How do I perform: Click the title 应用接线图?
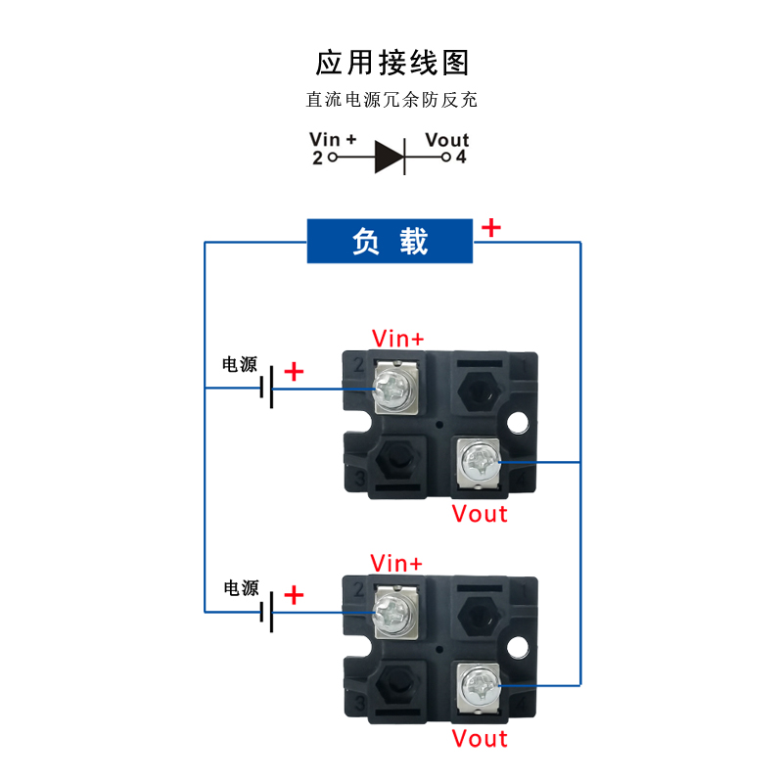[x=392, y=62]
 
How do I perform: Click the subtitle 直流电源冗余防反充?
[x=391, y=100]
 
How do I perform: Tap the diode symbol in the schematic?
[x=390, y=156]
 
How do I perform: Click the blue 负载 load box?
[x=391, y=241]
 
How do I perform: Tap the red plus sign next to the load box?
[x=491, y=228]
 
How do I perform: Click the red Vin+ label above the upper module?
[x=398, y=339]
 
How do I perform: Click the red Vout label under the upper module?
[x=480, y=514]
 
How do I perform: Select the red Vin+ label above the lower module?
[x=396, y=563]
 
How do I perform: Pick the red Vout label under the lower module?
[x=480, y=738]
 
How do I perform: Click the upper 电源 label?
[x=240, y=365]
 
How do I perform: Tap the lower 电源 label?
[x=241, y=588]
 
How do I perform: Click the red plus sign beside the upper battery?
[x=294, y=372]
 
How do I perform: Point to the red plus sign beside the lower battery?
[x=294, y=595]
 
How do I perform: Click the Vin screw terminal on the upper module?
[x=395, y=389]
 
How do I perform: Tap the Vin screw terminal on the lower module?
[x=395, y=613]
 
